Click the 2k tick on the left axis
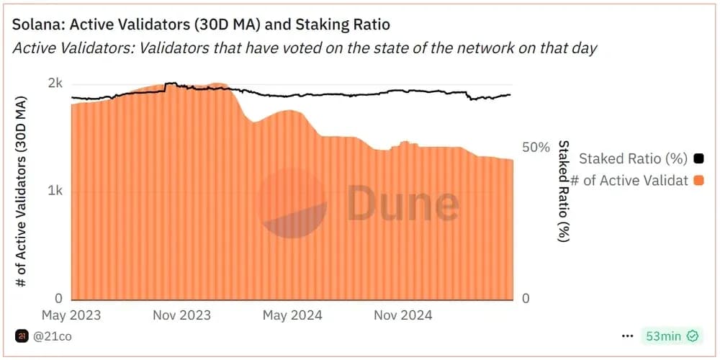coord(55,84)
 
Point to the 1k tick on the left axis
coord(55,191)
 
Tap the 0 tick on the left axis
coord(59,298)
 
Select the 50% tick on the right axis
coord(535,148)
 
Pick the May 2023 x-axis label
coord(71,315)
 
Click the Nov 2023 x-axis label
coord(181,315)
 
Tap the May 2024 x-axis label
coord(292,315)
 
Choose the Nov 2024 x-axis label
coord(402,315)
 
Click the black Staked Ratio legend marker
coord(698,158)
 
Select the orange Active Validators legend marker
coord(698,180)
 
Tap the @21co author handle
coord(53,336)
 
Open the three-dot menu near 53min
coord(628,336)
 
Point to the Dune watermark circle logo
coord(293,203)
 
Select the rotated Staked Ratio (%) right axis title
coord(564,191)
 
